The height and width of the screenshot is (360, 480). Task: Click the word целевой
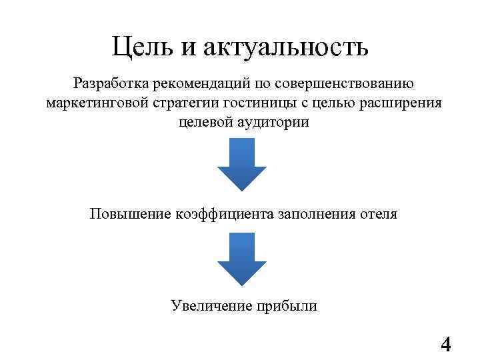203,123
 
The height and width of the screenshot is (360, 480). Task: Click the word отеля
378,215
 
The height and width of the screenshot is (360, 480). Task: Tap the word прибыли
287,306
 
